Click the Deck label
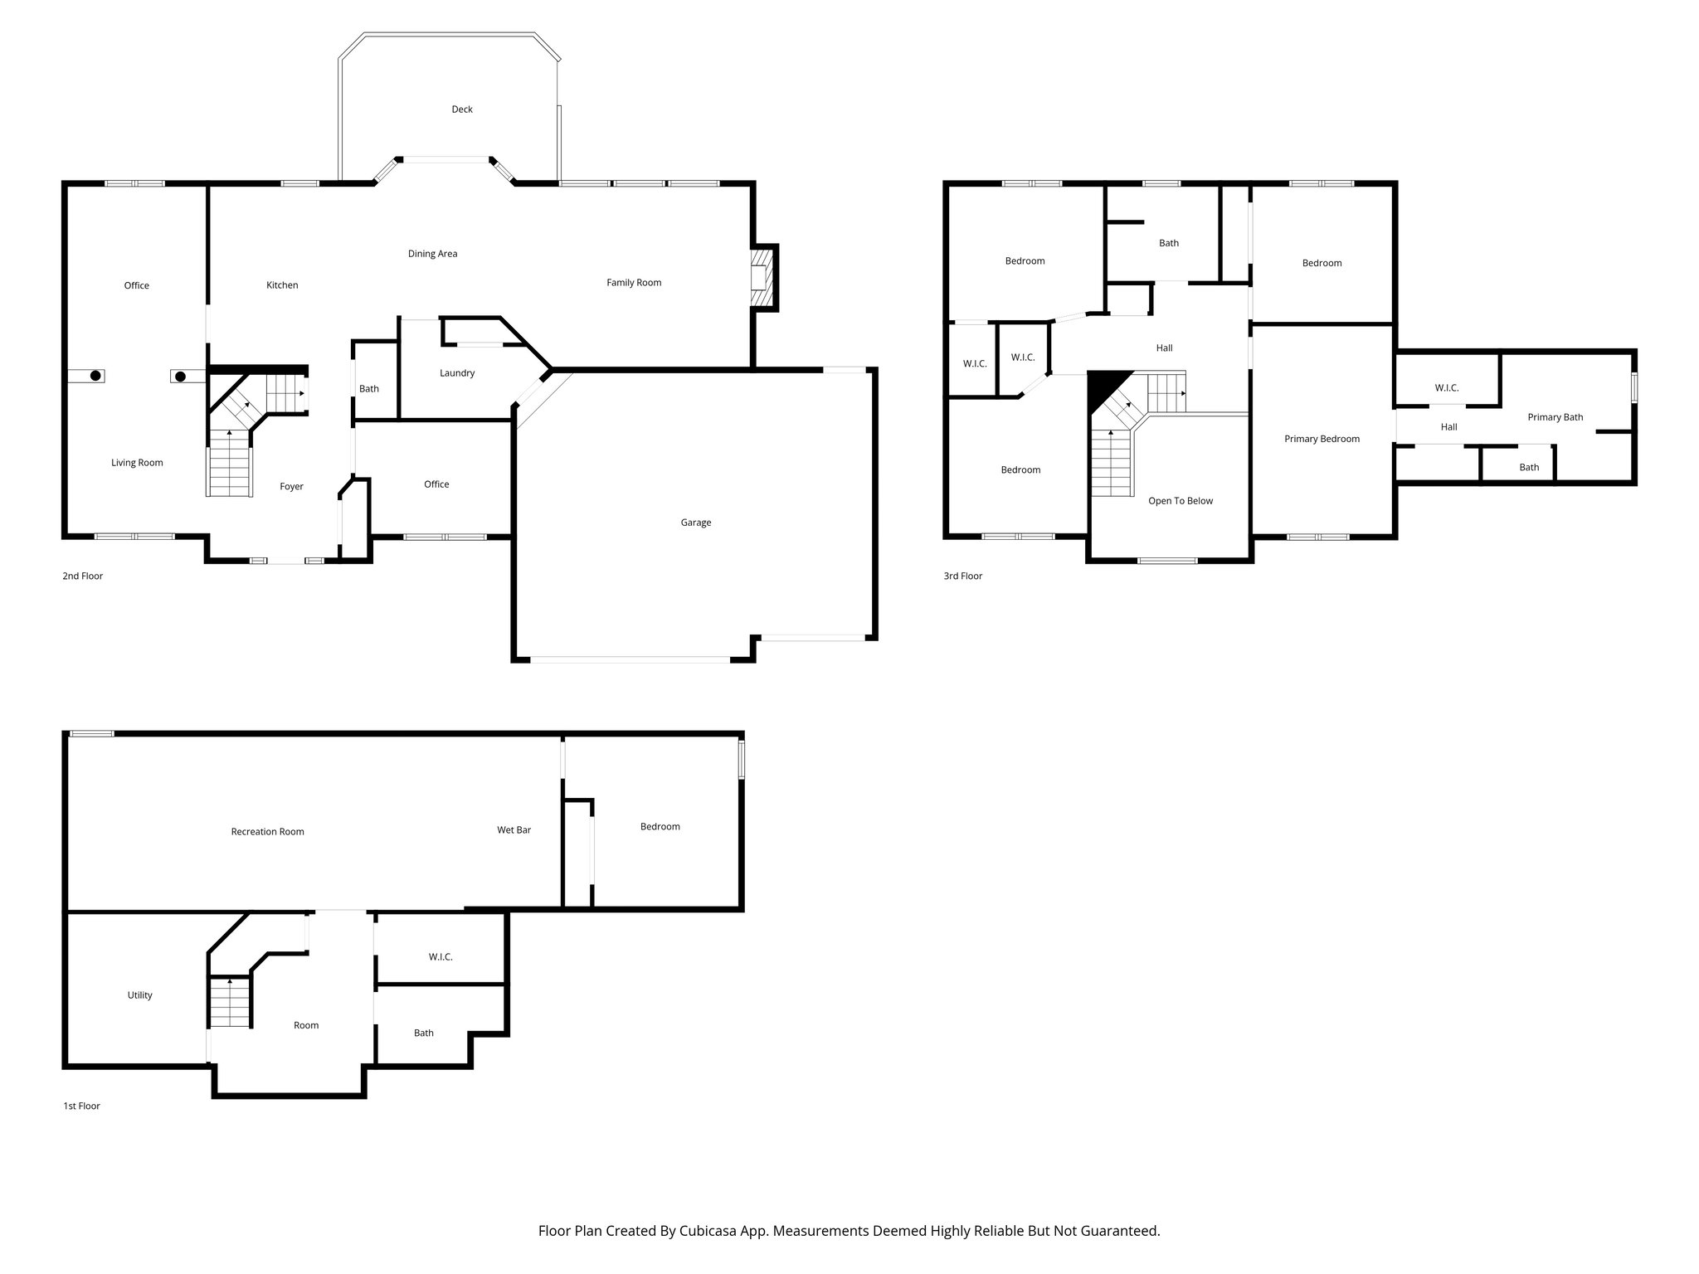462,109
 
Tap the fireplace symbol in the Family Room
759,276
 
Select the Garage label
696,523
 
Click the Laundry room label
457,373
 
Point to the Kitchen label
282,285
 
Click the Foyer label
291,487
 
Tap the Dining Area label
432,254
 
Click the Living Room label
137,463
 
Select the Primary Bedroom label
1322,439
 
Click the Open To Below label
1180,501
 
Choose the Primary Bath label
1555,417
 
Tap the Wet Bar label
514,830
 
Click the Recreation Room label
267,832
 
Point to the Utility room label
139,995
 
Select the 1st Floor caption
81,1106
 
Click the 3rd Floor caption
962,576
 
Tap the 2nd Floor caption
82,576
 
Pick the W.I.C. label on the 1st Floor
441,957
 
